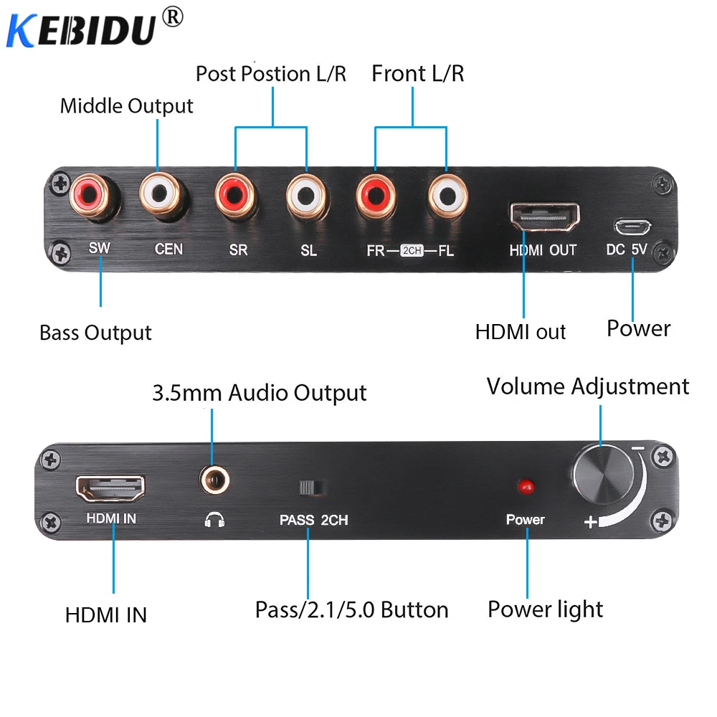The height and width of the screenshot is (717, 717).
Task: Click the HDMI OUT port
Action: pyautogui.click(x=544, y=214)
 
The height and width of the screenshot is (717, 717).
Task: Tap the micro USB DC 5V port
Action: pyautogui.click(x=632, y=227)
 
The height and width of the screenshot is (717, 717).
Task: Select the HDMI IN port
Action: pyautogui.click(x=110, y=489)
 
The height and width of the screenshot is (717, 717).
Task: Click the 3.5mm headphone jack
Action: pyautogui.click(x=212, y=478)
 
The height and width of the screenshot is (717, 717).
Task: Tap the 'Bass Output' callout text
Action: pyautogui.click(x=95, y=333)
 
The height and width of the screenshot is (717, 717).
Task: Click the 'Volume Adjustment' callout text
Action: pyautogui.click(x=588, y=386)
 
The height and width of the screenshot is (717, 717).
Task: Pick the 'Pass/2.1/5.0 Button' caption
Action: pyautogui.click(x=351, y=609)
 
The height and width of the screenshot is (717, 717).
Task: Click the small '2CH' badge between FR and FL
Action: pyautogui.click(x=412, y=250)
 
